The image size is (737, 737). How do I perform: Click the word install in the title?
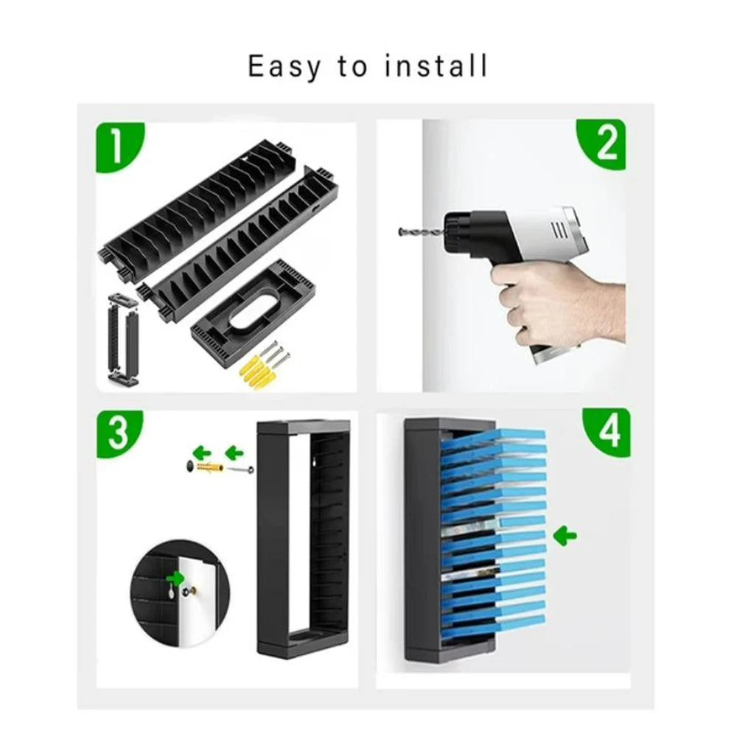point(436,66)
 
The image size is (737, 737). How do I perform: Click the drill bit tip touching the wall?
point(399,231)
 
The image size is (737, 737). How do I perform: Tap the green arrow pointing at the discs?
point(565,535)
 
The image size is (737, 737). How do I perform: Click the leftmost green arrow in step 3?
point(202,453)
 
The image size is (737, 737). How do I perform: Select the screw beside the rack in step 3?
point(241,469)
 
